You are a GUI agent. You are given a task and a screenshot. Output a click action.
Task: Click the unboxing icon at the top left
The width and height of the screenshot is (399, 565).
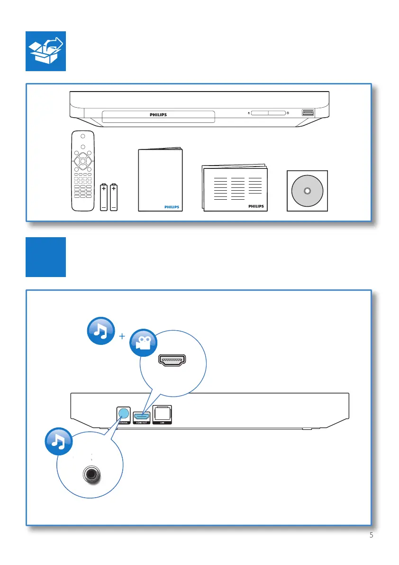[45, 52]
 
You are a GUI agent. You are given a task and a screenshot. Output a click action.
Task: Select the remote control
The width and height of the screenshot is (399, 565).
[82, 170]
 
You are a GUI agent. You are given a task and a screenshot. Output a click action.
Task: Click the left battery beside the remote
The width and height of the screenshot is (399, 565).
[104, 197]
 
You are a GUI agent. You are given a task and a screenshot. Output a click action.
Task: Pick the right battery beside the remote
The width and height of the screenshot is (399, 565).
[114, 197]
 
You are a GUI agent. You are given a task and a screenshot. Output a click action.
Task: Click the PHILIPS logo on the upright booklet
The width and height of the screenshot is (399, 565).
[172, 207]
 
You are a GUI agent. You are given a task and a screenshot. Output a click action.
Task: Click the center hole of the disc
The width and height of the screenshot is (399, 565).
[307, 191]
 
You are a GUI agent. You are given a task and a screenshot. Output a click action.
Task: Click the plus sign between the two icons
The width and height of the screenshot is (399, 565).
[123, 336]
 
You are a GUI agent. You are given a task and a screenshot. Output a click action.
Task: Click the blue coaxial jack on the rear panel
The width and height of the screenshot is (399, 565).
[124, 413]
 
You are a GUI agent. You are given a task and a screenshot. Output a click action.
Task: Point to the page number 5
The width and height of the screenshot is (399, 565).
[371, 536]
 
